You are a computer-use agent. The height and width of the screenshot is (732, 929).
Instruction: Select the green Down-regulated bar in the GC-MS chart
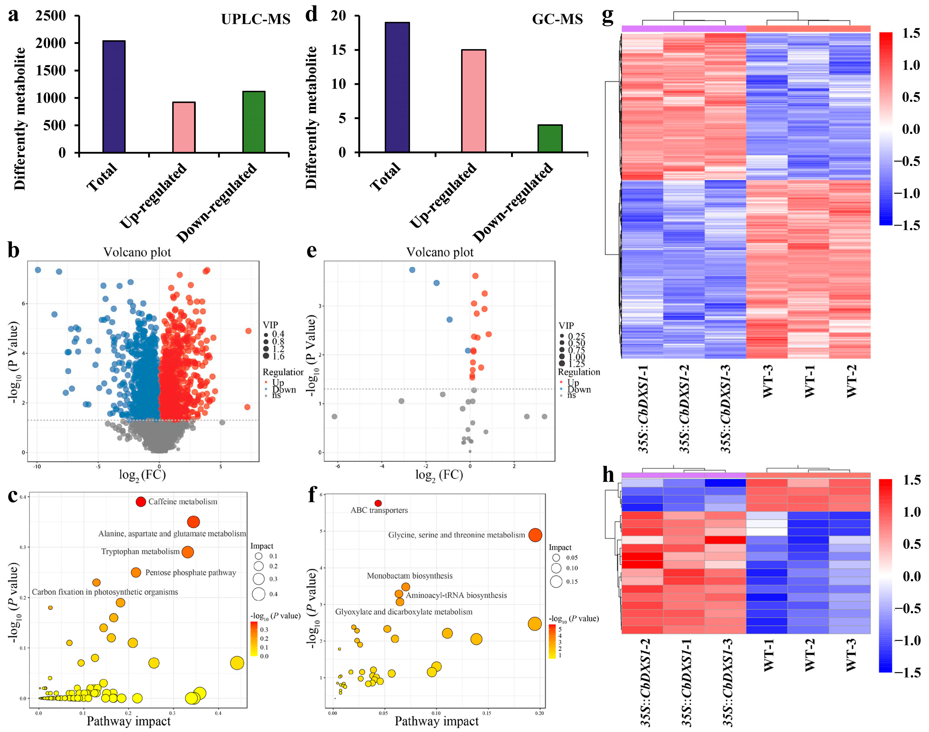click(550, 138)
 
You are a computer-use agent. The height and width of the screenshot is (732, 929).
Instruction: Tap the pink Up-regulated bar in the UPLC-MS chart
click(184, 127)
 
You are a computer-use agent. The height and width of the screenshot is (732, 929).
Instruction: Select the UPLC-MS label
click(256, 19)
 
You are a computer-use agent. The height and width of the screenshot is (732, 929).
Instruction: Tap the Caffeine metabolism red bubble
click(141, 501)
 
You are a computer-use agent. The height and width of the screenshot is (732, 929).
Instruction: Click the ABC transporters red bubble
click(378, 503)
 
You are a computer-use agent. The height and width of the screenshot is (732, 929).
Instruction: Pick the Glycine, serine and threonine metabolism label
click(456, 535)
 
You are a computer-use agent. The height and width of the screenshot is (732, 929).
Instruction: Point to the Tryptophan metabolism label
click(140, 551)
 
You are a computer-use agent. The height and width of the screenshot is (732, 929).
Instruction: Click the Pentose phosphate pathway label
click(190, 573)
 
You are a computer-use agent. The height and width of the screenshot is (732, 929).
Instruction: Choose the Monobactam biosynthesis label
click(409, 576)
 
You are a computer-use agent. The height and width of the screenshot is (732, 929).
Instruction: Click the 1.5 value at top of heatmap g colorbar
click(911, 33)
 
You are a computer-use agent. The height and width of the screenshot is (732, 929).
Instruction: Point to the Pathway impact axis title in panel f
click(436, 721)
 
